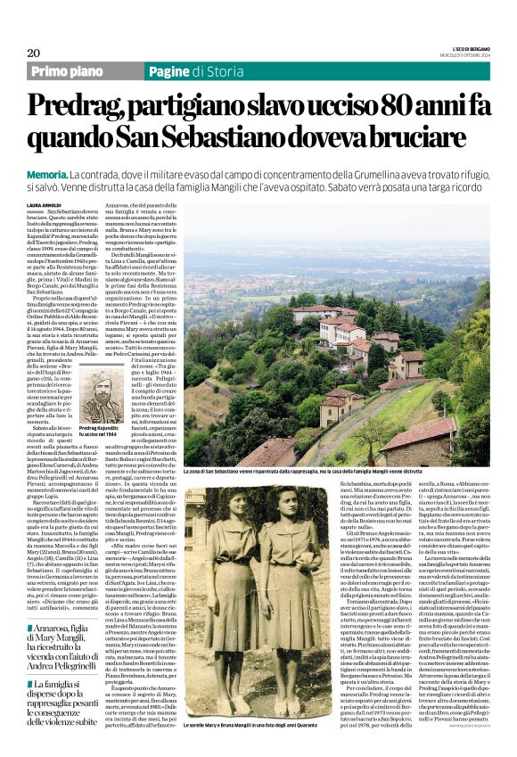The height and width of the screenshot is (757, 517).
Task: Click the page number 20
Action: point(34,53)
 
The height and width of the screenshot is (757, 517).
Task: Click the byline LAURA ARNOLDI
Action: point(45,203)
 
